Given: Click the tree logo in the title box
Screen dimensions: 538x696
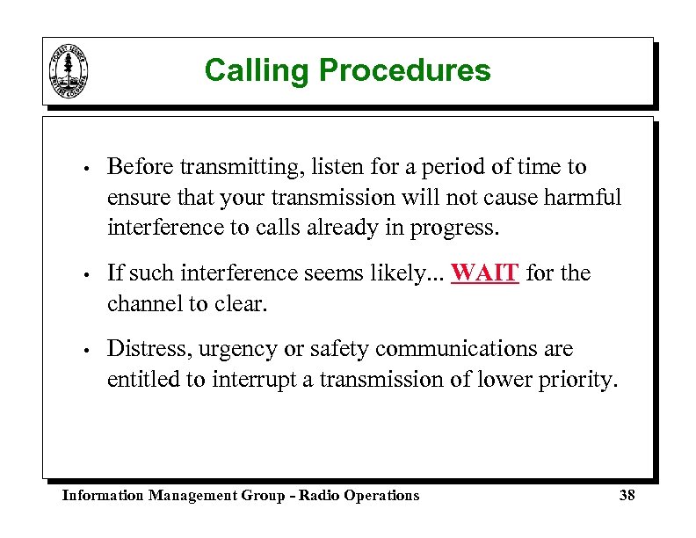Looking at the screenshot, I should pyautogui.click(x=69, y=71).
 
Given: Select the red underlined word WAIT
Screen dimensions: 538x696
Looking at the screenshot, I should pyautogui.click(x=485, y=273).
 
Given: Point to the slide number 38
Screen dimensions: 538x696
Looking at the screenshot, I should pyautogui.click(x=627, y=496).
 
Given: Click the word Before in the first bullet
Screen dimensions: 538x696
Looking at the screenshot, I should pyautogui.click(x=137, y=167).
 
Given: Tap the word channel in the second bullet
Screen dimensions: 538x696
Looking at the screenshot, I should pyautogui.click(x=138, y=304).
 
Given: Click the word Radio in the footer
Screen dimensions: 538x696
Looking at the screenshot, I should pyautogui.click(x=319, y=496).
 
